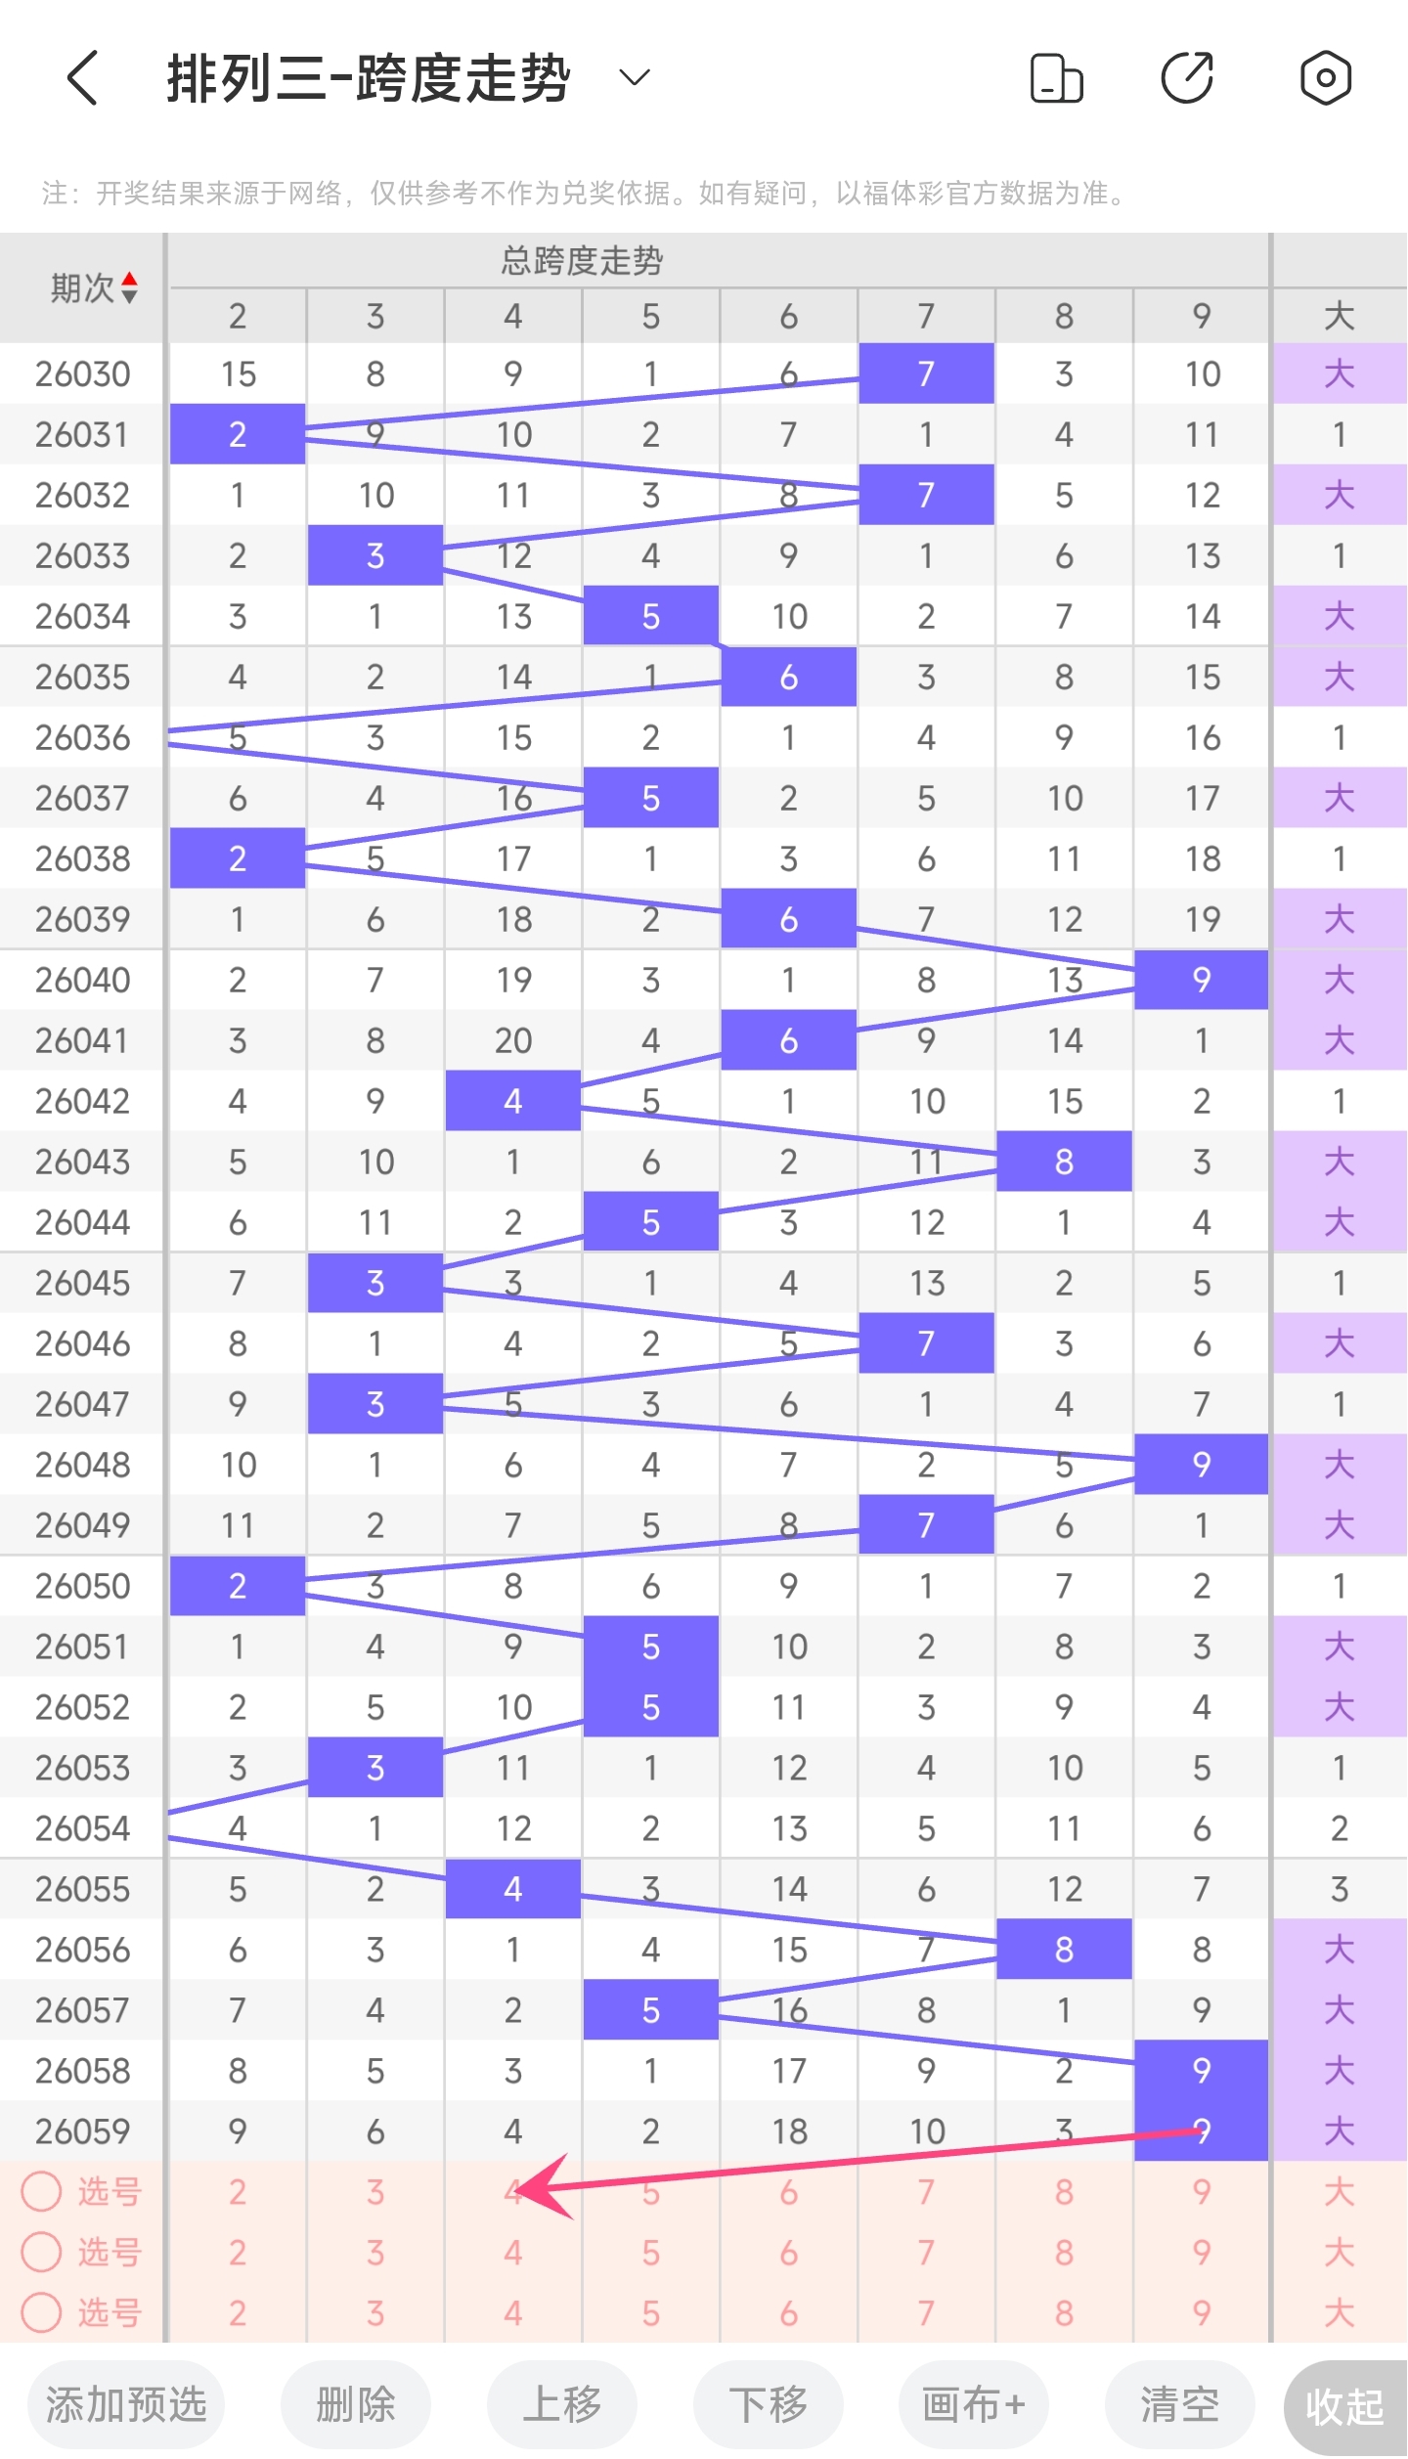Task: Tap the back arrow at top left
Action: (83, 78)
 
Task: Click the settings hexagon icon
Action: (1325, 78)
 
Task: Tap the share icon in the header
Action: (1187, 78)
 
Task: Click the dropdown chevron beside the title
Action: (635, 78)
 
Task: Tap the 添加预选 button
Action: (126, 2404)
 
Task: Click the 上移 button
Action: (562, 2404)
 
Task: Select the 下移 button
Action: (769, 2404)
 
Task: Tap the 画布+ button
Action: (974, 2404)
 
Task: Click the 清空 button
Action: (1179, 2404)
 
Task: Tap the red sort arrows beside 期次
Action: (129, 288)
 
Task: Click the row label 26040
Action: (82, 980)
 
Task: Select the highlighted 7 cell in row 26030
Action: (926, 373)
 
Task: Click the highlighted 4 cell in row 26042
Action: (513, 1101)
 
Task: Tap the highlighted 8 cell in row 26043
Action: (1064, 1162)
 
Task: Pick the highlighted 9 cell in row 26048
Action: (1202, 1465)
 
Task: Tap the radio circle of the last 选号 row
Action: (42, 2312)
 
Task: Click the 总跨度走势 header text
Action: (582, 261)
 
